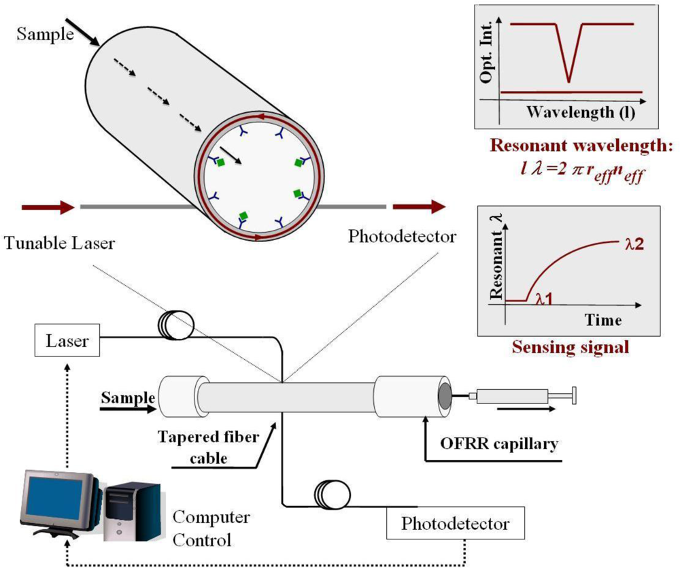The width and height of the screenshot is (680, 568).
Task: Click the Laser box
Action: (x=67, y=340)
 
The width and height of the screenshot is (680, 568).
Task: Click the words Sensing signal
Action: (x=570, y=347)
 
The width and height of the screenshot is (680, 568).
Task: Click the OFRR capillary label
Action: (x=500, y=445)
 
